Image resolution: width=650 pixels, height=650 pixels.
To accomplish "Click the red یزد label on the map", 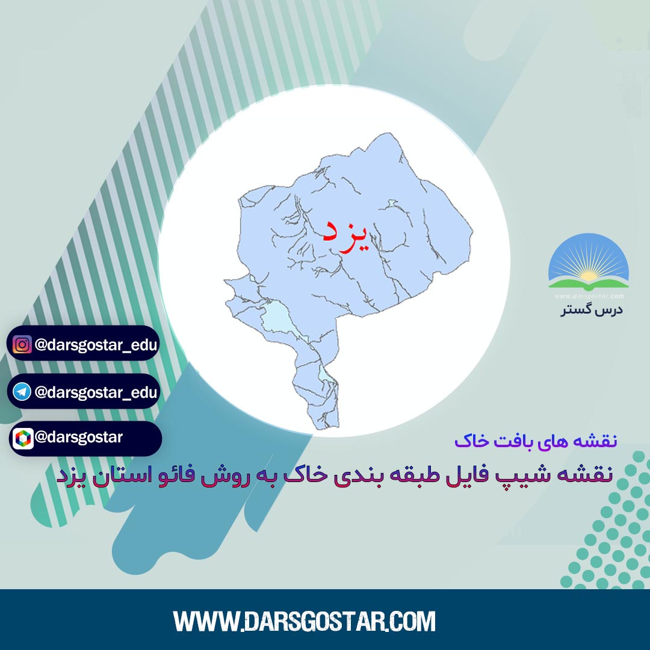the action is [345, 235].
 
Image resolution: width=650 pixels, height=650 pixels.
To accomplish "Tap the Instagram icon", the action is [22, 344].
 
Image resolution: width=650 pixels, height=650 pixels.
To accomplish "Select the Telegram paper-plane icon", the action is [22, 392].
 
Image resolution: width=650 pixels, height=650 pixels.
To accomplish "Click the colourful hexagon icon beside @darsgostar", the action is [23, 439].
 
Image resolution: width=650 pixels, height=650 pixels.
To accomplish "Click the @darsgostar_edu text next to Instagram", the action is [96, 345].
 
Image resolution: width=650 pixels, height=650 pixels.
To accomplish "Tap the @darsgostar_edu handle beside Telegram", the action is [96, 392].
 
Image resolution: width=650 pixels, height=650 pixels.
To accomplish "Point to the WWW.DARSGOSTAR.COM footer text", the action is [305, 621].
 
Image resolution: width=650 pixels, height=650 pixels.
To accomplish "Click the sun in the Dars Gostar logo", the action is [588, 276].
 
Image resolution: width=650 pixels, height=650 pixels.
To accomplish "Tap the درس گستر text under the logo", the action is [592, 310].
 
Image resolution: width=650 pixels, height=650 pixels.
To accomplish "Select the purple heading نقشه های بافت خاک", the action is [536, 441].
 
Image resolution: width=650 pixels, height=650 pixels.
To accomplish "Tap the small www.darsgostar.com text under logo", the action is [589, 296].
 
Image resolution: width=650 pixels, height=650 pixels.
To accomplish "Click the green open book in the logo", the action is [589, 284].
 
